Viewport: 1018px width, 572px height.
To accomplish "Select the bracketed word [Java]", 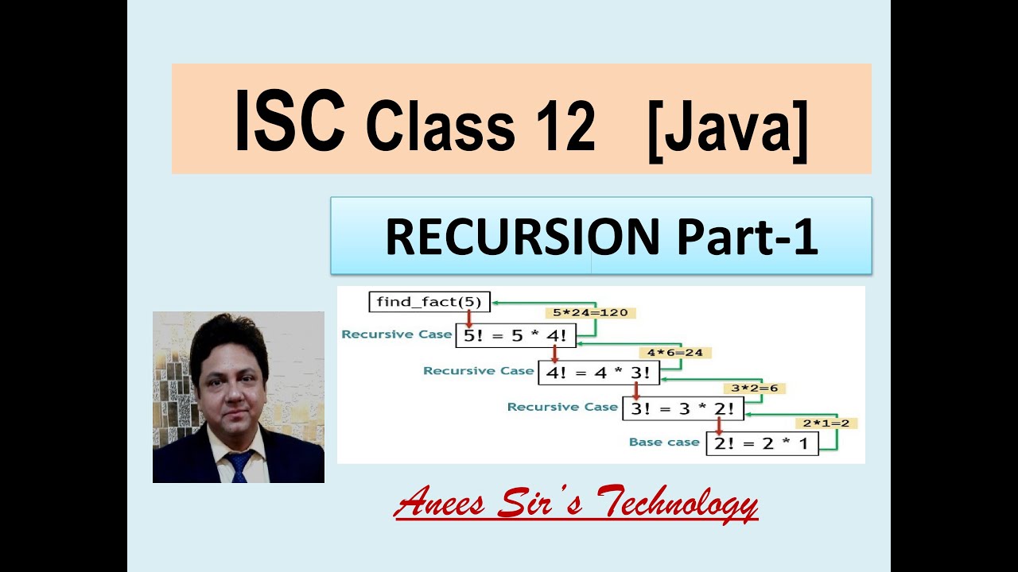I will (728, 126).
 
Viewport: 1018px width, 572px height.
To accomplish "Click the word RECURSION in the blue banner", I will (522, 237).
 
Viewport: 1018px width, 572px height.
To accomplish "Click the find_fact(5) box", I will (429, 302).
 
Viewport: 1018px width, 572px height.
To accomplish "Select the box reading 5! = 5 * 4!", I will (515, 335).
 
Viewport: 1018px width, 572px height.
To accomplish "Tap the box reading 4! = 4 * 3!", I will (599, 372).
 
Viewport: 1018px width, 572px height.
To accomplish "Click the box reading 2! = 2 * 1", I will (762, 443).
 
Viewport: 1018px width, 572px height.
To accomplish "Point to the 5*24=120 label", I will (590, 312).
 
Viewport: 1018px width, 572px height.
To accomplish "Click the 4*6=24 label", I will (674, 352).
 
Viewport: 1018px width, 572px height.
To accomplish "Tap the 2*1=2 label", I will (826, 423).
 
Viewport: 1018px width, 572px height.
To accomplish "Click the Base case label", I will (664, 443).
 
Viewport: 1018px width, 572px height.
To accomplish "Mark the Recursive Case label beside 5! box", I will (396, 334).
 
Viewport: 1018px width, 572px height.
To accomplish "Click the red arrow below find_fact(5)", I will (469, 319).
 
